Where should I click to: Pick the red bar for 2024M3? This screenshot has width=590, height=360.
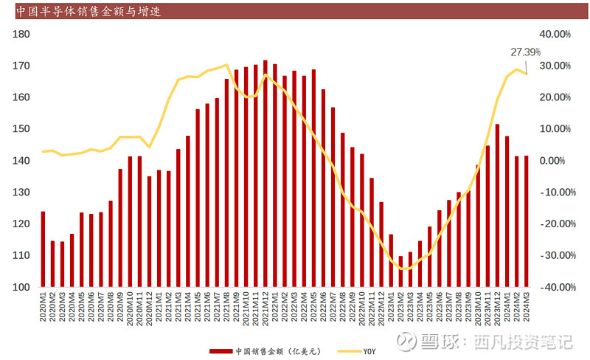coord(527,221)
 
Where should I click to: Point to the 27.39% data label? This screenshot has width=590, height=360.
coord(525,52)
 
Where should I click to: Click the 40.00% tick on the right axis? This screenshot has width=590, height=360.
coord(556,34)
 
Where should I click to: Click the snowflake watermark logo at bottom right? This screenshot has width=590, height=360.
coord(406,342)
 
